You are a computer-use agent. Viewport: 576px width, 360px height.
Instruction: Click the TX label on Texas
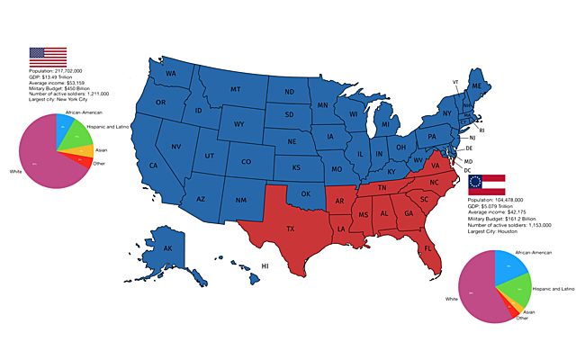(x=290, y=229)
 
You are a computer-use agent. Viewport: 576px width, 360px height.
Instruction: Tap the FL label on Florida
(x=427, y=247)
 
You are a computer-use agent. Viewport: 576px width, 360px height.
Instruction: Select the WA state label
(x=170, y=73)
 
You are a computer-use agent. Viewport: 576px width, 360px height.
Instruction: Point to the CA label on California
(x=154, y=166)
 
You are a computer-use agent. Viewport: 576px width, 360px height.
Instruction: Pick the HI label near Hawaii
(x=265, y=266)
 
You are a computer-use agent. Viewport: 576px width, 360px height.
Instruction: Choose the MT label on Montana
(x=235, y=89)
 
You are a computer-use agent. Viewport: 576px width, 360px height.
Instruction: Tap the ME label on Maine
(x=476, y=85)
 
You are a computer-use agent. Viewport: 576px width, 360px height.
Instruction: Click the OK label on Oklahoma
(x=305, y=193)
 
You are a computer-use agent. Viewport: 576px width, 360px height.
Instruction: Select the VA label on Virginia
(x=435, y=166)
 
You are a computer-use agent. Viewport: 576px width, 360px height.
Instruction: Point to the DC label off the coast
(x=468, y=170)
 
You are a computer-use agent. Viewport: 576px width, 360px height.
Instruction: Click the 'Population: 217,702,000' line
(x=56, y=70)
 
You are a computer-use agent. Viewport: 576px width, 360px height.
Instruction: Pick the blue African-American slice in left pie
(x=62, y=124)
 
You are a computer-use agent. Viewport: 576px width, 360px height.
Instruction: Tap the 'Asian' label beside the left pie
(x=101, y=149)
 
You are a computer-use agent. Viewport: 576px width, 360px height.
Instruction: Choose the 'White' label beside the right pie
(x=452, y=298)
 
